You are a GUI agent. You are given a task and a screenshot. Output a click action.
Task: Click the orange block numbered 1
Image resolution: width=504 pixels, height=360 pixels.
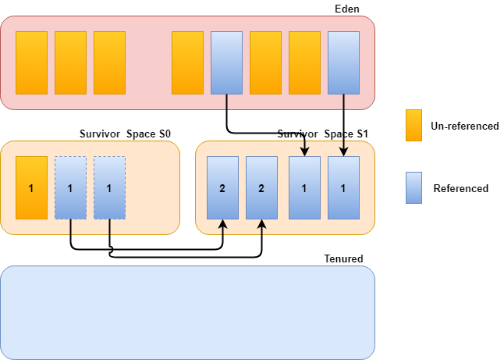(31, 187)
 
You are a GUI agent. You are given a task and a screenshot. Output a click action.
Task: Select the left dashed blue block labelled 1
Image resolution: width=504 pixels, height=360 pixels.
(70, 187)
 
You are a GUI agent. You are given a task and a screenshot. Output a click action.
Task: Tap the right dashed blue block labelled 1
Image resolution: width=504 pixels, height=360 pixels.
(109, 187)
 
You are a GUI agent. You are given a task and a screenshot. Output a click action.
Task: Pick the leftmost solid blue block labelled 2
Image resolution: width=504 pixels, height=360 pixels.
(222, 187)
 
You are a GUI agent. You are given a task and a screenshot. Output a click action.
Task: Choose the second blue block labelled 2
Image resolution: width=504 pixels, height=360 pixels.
(261, 187)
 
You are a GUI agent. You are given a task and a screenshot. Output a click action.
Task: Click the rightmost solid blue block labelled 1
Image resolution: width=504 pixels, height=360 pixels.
(343, 187)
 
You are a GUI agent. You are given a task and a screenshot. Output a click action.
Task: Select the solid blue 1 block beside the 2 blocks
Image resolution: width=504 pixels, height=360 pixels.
(304, 187)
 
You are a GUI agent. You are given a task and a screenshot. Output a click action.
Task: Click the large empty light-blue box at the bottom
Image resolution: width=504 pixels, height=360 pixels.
(187, 312)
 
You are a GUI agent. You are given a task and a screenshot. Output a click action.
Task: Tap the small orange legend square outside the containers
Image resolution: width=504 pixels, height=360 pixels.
(413, 125)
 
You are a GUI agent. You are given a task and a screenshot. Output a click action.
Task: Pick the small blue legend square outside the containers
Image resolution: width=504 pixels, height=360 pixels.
(413, 187)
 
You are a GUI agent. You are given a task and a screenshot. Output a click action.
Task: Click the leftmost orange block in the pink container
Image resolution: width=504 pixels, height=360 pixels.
(31, 62)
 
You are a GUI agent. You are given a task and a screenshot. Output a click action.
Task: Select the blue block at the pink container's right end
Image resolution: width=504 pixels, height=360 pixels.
(343, 62)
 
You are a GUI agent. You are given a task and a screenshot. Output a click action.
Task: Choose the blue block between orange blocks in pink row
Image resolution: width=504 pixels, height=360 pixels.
(226, 62)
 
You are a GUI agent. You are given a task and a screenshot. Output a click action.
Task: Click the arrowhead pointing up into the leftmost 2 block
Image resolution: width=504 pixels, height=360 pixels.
(222, 223)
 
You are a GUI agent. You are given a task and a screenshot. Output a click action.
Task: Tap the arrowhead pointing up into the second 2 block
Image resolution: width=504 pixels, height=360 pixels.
(261, 223)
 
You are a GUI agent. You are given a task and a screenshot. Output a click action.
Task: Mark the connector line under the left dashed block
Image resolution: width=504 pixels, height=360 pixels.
(70, 227)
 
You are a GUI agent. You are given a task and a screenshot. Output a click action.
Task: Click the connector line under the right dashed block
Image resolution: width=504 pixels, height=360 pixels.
(109, 227)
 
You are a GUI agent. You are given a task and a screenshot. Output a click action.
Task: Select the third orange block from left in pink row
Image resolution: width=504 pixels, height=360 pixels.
(109, 62)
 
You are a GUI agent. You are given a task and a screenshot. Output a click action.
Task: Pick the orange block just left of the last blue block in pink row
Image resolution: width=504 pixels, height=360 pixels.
(304, 62)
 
